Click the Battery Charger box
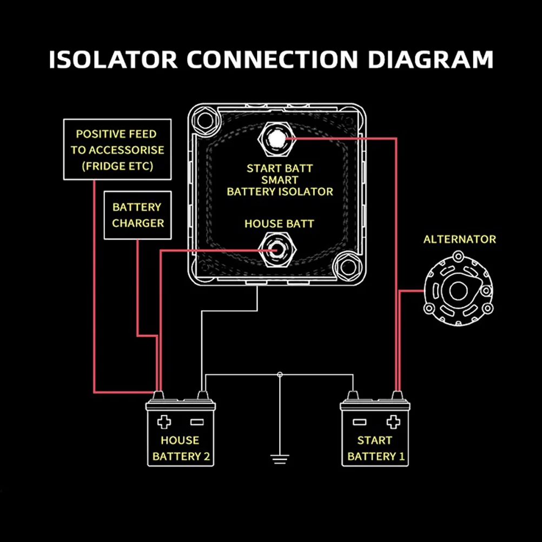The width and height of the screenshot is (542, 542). pos(137,215)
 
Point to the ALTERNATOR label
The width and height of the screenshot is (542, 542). pos(459,239)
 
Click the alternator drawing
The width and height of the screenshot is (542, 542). pos(458,293)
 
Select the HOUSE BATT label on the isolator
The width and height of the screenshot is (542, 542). pos(279,223)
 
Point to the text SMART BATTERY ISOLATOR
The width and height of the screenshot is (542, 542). pos(280,186)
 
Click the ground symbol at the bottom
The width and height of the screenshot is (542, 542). pos(280,460)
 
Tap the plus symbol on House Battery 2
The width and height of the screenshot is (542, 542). pos(164,422)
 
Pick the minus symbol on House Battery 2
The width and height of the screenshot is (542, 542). pos(196,422)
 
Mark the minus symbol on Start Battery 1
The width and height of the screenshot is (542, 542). pos(360,422)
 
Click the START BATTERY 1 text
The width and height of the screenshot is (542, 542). pos(375,448)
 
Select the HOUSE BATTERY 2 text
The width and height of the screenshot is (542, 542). pos(181,448)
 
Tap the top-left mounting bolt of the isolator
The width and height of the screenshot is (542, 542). pos(204,121)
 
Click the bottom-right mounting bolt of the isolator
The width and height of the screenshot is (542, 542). pos(346,265)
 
